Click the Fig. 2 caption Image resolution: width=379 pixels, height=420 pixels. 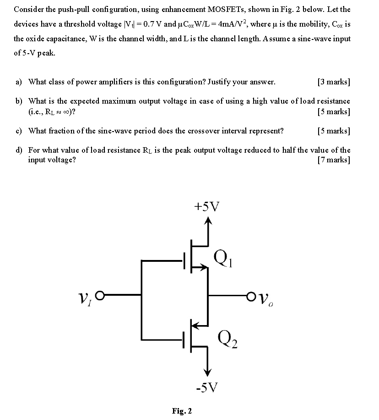(182, 411)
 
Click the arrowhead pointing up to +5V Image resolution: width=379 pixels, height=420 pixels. (209, 221)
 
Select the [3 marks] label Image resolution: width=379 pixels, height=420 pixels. (333, 82)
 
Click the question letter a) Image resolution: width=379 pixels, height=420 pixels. (19, 82)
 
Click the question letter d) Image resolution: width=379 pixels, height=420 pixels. (19, 150)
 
